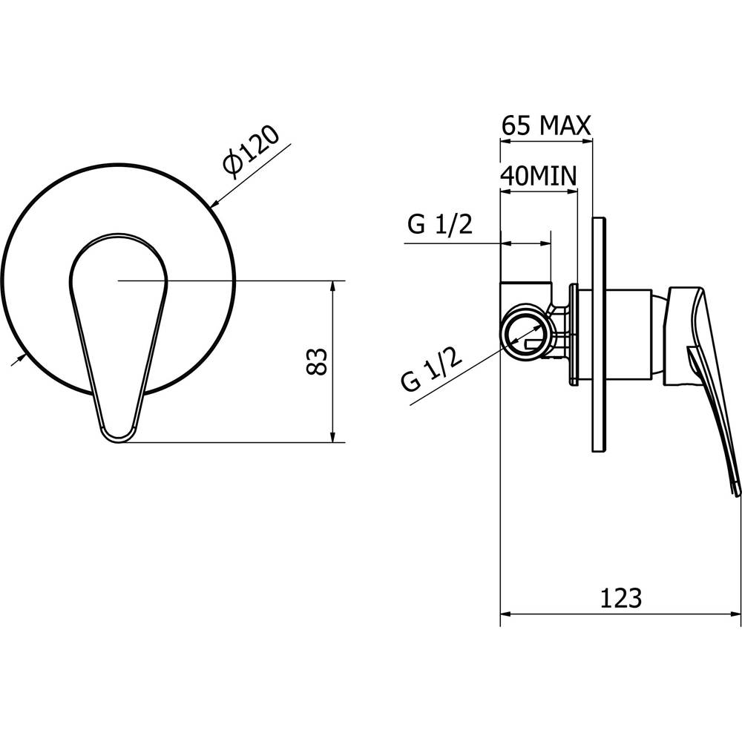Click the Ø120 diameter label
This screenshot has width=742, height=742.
pos(252,152)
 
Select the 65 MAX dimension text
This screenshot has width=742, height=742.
pos(546,126)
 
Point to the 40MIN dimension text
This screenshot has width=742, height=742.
pos(539,176)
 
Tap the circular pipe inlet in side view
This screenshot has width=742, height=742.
pos(525,335)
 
